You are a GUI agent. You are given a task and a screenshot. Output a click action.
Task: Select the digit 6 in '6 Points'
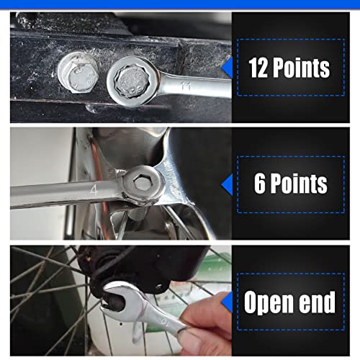[x=261, y=184]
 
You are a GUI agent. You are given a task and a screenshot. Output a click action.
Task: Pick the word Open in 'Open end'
[x=271, y=302]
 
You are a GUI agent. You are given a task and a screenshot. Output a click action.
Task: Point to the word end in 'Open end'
[x=319, y=302]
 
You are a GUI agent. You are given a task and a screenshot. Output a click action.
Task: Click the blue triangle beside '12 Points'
[x=226, y=68]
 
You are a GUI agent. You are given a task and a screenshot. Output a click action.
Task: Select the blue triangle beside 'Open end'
[x=226, y=302]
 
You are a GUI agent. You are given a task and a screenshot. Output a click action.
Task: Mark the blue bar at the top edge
[x=180, y=4]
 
